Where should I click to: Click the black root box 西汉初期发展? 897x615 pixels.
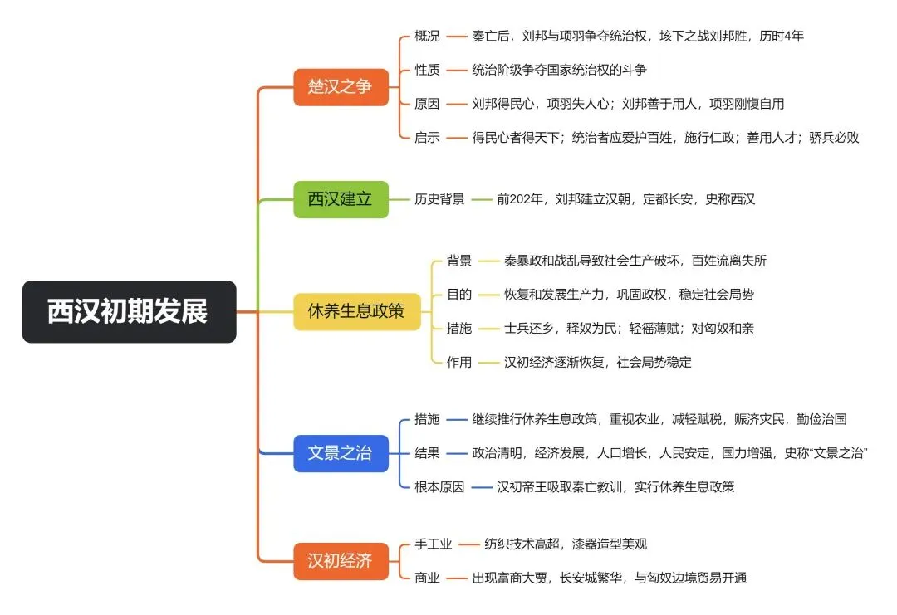click(130, 311)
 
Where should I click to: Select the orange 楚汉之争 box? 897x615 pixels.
click(341, 87)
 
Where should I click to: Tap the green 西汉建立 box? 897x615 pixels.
click(341, 199)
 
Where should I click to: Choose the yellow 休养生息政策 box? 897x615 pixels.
click(357, 311)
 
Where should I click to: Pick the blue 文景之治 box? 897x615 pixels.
click(341, 453)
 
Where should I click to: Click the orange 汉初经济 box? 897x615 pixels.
click(341, 561)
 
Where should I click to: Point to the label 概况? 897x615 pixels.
click(428, 36)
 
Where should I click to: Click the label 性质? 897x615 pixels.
click(428, 70)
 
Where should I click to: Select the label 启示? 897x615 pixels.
click(428, 137)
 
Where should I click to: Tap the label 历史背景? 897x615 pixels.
click(439, 199)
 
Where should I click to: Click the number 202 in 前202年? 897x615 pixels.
click(519, 199)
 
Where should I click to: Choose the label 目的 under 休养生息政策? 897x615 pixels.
click(459, 295)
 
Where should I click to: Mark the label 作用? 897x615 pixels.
click(459, 362)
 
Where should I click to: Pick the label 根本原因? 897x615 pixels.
click(439, 487)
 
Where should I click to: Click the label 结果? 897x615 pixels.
click(428, 453)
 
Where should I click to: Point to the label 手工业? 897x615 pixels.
click(433, 544)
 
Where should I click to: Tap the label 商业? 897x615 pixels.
click(428, 578)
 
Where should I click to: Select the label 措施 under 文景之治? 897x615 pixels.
click(428, 419)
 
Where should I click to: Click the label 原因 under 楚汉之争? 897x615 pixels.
click(428, 104)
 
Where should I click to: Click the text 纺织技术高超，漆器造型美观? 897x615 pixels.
click(566, 544)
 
